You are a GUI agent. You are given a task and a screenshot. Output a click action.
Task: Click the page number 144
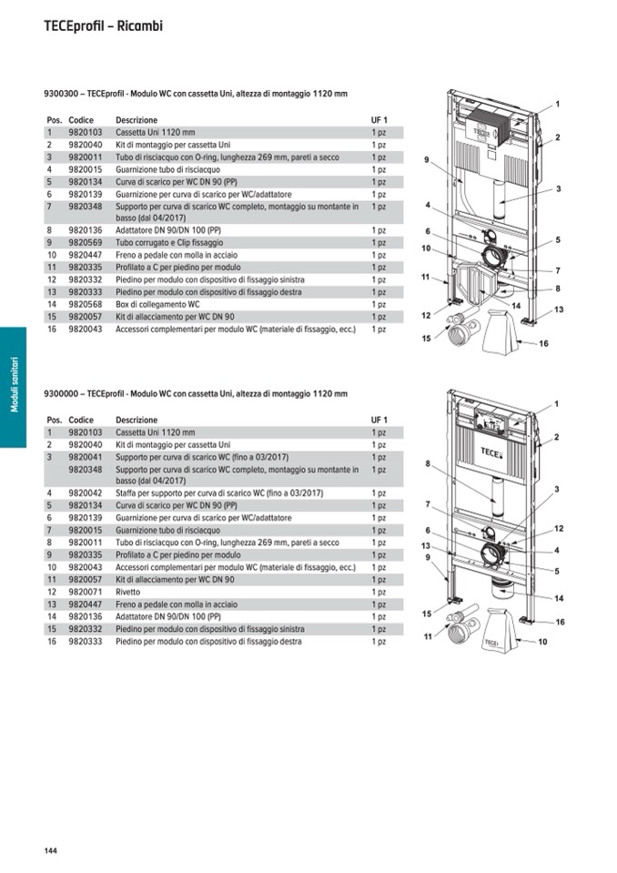coord(50,850)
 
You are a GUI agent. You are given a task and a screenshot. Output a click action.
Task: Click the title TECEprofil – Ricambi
coord(103,26)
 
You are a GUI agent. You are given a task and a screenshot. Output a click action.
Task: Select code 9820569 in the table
coord(85,243)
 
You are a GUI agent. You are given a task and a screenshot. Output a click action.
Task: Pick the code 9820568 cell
coord(85,304)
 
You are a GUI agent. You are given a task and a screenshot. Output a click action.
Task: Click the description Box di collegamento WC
coord(157,304)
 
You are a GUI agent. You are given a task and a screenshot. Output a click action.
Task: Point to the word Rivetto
coord(130,592)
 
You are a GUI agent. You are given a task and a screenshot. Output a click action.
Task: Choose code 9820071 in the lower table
coord(85,592)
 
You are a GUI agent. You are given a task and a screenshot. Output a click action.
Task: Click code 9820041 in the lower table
coord(85,456)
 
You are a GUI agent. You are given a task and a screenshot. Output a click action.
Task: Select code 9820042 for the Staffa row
coord(85,493)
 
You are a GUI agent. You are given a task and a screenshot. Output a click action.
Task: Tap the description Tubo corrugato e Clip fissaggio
coord(167,243)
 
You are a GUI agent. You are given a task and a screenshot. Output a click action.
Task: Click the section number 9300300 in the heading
coord(61,95)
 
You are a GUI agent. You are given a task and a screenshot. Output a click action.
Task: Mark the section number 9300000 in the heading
coord(61,394)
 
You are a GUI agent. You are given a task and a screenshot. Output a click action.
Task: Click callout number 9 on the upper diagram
coord(426,160)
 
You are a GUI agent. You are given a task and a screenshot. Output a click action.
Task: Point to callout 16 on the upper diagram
coord(543,343)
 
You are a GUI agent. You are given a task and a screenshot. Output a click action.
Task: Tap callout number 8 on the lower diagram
coord(427,463)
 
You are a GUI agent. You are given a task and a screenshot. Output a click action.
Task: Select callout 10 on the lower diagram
coord(542,642)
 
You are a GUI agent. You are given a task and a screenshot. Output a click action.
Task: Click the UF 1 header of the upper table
coord(379,120)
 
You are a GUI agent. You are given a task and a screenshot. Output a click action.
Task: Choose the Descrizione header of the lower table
coord(136,420)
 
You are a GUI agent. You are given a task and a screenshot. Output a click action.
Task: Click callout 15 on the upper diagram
coord(426,339)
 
